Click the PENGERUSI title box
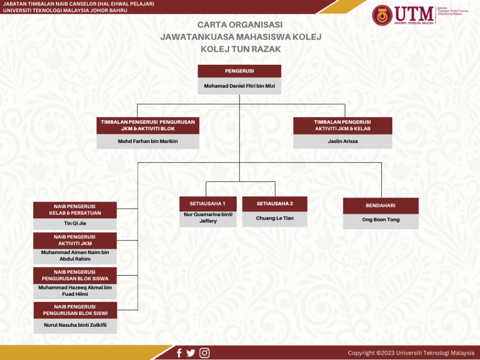click(240, 71)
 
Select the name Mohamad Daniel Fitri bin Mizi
click(240, 86)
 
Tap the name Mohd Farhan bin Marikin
click(148, 141)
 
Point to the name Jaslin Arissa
click(343, 141)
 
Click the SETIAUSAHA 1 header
click(208, 204)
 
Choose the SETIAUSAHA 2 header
click(275, 204)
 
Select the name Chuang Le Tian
click(275, 218)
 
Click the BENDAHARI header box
click(381, 206)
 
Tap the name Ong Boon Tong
click(381, 219)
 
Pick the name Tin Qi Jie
click(75, 223)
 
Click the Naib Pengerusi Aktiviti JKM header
click(75, 240)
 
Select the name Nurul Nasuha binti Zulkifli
click(75, 325)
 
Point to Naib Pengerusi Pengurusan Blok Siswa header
click(75, 275)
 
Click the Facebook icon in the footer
click(179, 353)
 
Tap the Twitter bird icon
click(191, 353)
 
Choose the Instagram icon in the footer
click(205, 353)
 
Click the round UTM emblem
click(382, 15)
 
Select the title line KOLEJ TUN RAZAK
click(240, 49)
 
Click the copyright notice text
click(411, 353)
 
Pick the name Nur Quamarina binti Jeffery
click(208, 217)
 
